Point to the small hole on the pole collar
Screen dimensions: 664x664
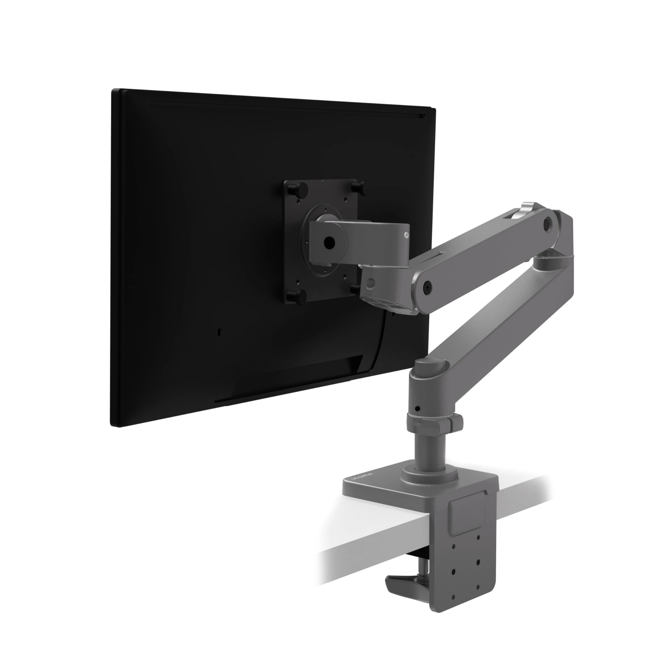417,409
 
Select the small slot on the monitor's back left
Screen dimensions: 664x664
220,332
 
